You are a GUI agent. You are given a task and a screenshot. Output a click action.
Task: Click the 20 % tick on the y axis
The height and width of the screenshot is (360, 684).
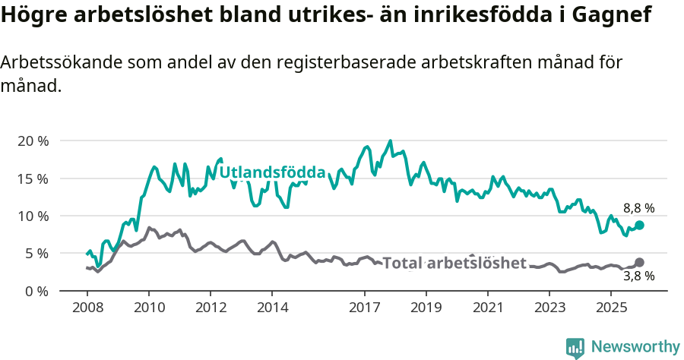click(32, 141)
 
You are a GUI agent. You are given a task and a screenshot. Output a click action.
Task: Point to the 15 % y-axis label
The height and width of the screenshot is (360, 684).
click(32, 178)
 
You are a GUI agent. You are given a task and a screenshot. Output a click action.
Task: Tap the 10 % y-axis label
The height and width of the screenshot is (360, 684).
click(32, 216)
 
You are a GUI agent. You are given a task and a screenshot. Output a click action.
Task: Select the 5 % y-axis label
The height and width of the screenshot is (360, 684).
click(36, 253)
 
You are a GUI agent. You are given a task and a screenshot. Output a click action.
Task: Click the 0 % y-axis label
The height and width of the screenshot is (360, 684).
click(36, 290)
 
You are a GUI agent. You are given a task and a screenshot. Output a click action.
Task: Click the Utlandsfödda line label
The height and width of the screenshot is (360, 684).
click(272, 172)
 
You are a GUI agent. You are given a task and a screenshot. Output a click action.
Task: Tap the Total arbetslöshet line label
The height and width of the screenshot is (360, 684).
click(454, 263)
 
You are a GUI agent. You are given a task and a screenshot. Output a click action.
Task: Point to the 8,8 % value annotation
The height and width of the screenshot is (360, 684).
click(638, 207)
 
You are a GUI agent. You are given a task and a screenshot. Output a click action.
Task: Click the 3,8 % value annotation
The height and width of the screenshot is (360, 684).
click(638, 276)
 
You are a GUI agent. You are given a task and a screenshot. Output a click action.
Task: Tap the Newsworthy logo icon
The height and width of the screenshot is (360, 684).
click(575, 347)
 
